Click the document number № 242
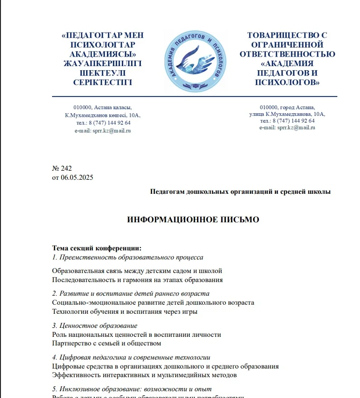coord(62,168)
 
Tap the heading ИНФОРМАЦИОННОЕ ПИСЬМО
coord(193,220)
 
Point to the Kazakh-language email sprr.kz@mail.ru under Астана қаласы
coord(103,130)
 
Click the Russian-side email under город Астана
coord(287,128)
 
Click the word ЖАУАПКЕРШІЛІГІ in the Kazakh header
coord(103,63)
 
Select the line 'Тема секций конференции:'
coord(97,248)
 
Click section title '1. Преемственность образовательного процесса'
coord(128,257)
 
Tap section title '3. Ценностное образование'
coord(95,326)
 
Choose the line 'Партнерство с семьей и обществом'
coord(106,343)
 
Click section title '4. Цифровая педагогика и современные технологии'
coord(131,357)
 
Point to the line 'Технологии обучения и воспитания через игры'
coord(125,312)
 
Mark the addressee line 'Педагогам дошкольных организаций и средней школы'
coord(240,192)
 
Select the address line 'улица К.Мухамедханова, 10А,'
coord(287,114)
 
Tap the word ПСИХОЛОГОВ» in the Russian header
coord(287,82)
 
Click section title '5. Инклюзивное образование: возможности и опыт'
coord(131,389)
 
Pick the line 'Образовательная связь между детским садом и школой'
coord(137,271)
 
